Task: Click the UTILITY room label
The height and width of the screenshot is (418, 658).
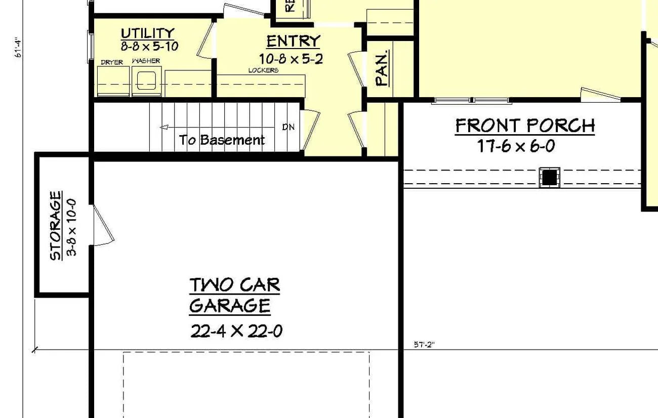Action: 147,33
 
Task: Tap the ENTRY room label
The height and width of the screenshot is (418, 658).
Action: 293,40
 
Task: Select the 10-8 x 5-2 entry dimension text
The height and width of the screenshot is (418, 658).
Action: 291,59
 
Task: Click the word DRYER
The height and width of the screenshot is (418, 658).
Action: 111,62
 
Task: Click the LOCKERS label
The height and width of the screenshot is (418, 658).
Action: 263,70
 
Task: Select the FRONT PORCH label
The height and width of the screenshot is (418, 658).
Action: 525,126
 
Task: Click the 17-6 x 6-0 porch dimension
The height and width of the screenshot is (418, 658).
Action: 516,146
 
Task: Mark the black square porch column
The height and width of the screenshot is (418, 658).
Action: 549,177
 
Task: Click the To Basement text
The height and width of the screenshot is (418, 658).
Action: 222,140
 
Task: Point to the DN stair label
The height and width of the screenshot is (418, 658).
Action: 288,127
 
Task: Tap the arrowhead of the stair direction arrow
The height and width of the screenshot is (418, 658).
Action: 163,128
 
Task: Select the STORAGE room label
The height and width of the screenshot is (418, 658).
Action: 56,225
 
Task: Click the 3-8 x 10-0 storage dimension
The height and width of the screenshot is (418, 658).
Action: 71,227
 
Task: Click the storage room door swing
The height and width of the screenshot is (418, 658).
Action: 103,226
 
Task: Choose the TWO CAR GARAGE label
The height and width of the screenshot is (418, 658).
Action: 234,295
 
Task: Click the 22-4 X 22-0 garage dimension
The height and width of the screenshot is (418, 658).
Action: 236,331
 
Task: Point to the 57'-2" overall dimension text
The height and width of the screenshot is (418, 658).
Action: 424,345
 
